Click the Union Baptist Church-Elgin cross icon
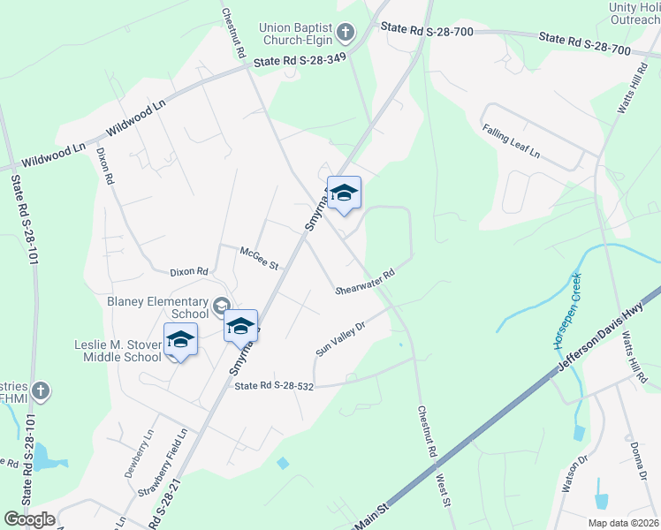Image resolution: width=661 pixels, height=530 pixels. point(346,34)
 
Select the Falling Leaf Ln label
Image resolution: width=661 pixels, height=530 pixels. point(511,141)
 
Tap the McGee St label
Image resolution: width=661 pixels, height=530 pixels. point(259,258)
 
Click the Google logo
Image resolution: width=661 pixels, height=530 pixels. point(29,519)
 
